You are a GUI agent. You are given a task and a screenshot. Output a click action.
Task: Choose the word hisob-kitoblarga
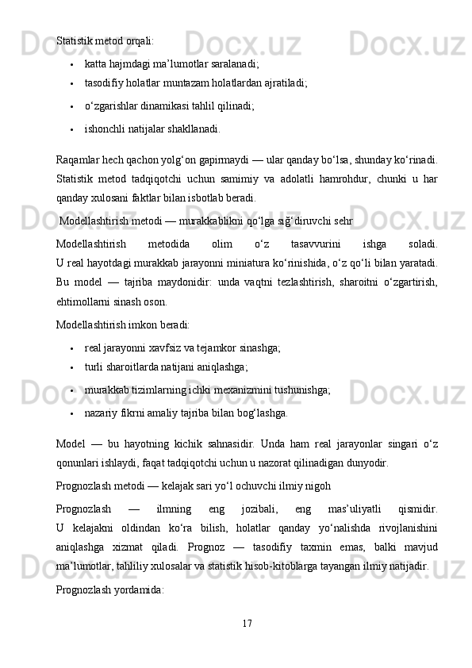point(319,565)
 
